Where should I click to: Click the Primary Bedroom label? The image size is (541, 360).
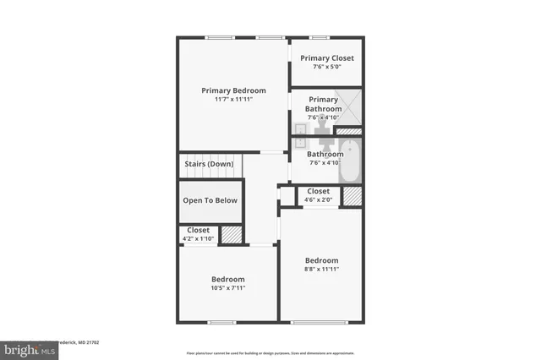click(x=233, y=90)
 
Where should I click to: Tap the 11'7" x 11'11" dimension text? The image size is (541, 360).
click(x=233, y=100)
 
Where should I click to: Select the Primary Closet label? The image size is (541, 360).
click(x=327, y=57)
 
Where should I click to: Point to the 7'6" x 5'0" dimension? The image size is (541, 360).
click(x=327, y=67)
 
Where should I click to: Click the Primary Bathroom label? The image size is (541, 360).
click(x=323, y=104)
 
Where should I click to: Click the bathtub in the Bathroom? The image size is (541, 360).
click(x=350, y=165)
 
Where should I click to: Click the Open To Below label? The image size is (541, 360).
click(x=210, y=200)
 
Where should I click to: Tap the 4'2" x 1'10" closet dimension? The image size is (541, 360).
click(x=199, y=239)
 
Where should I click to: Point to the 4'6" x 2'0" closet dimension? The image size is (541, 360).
click(x=319, y=200)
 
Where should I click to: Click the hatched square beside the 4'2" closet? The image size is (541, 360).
click(x=232, y=235)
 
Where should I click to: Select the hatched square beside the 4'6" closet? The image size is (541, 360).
click(x=352, y=196)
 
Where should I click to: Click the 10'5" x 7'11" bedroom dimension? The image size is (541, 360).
click(x=228, y=288)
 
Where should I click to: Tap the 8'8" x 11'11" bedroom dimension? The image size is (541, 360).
click(x=322, y=270)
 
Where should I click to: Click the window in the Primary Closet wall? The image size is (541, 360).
click(x=320, y=37)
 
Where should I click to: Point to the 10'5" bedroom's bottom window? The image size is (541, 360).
click(x=221, y=322)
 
